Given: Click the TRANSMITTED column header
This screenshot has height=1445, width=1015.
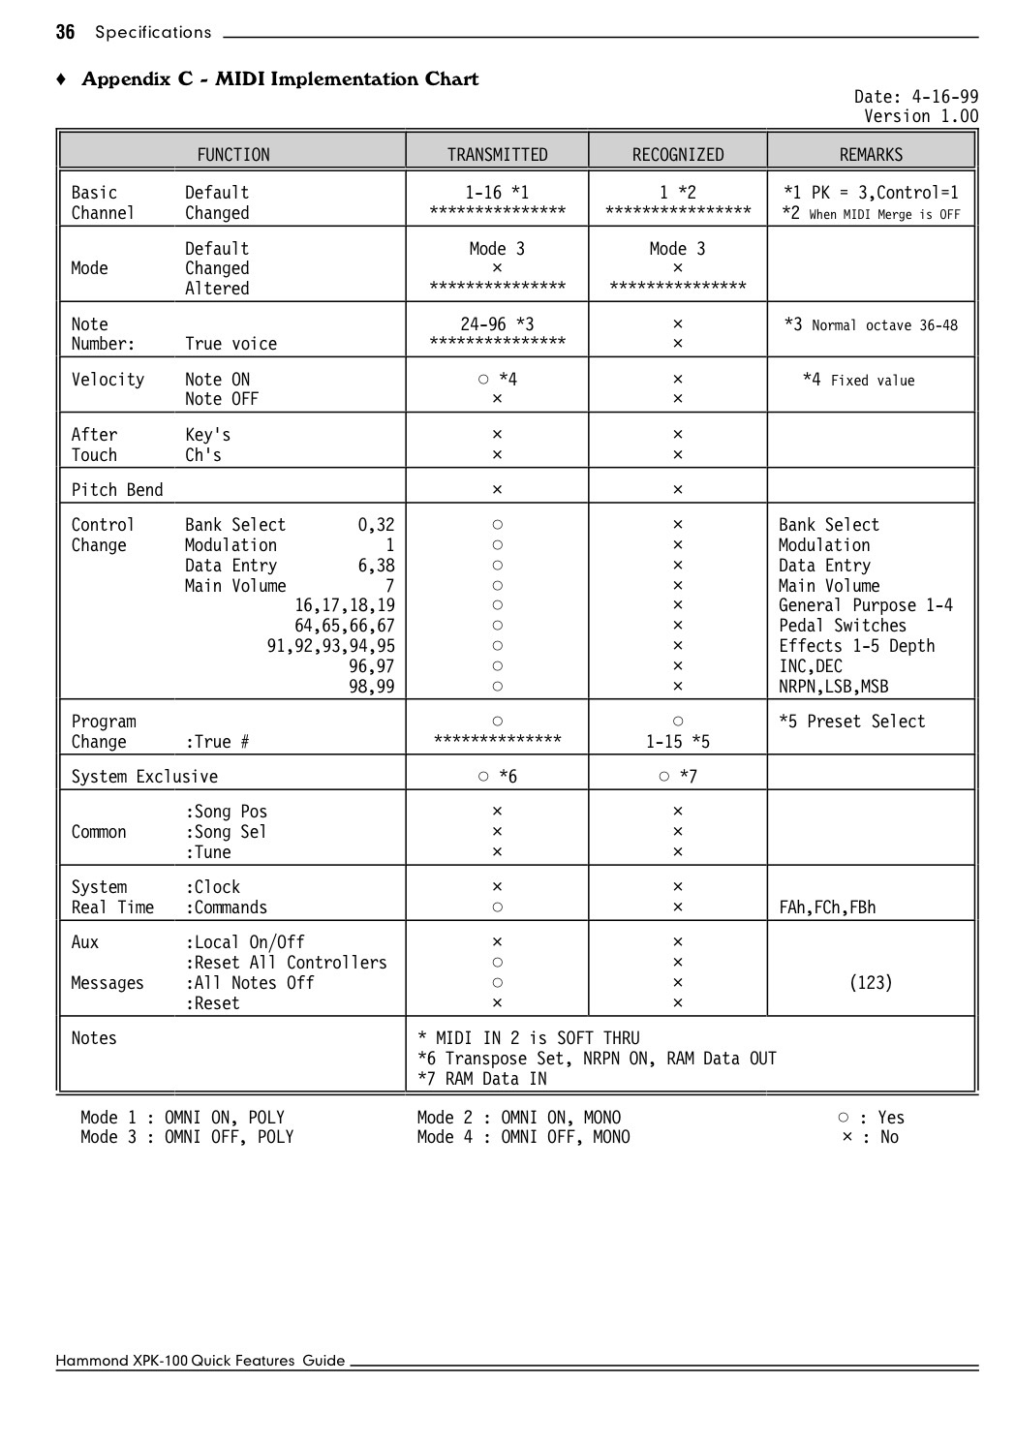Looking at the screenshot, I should [x=497, y=154].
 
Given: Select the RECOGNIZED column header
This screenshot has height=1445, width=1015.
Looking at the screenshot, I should [x=677, y=154].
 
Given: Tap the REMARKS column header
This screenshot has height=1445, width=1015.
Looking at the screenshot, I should [x=871, y=154].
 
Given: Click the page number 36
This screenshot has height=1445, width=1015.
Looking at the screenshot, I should [x=65, y=32].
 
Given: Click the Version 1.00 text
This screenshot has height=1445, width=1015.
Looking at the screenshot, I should [x=921, y=116].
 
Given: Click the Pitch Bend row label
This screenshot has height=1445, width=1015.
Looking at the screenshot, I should [x=117, y=489].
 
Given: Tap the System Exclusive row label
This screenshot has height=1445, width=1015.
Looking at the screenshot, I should [x=144, y=776].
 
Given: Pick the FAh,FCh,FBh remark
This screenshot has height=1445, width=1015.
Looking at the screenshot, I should [x=827, y=907].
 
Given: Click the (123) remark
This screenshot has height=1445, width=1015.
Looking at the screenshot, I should [x=870, y=982].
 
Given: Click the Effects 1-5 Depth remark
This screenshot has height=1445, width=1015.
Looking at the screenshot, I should [x=856, y=646].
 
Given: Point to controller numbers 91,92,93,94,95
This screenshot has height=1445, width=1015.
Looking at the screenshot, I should [x=330, y=646].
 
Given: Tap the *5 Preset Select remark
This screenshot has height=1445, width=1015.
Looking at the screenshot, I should [x=851, y=721].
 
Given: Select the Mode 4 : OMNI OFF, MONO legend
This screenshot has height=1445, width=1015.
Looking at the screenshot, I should [x=523, y=1137].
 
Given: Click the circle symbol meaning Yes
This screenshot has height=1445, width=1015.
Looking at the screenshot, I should [x=844, y=1117].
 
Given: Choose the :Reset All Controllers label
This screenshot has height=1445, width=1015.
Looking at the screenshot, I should [x=286, y=962].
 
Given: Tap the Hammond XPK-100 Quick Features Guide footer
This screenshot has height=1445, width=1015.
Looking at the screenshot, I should [x=200, y=1361].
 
